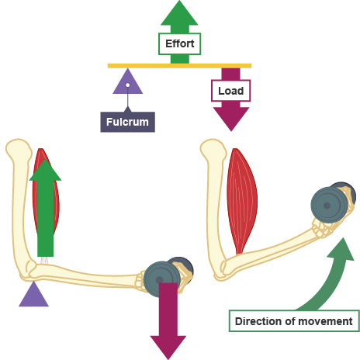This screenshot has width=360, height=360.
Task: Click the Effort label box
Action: [179, 44]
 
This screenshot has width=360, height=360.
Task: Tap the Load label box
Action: [230, 91]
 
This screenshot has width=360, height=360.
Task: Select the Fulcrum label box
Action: [127, 122]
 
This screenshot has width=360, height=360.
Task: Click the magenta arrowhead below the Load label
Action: [230, 117]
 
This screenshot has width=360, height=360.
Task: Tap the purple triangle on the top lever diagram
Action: [126, 83]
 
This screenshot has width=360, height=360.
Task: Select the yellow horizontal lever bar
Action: [179, 65]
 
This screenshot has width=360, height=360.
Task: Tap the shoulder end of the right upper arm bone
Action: [212, 150]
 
